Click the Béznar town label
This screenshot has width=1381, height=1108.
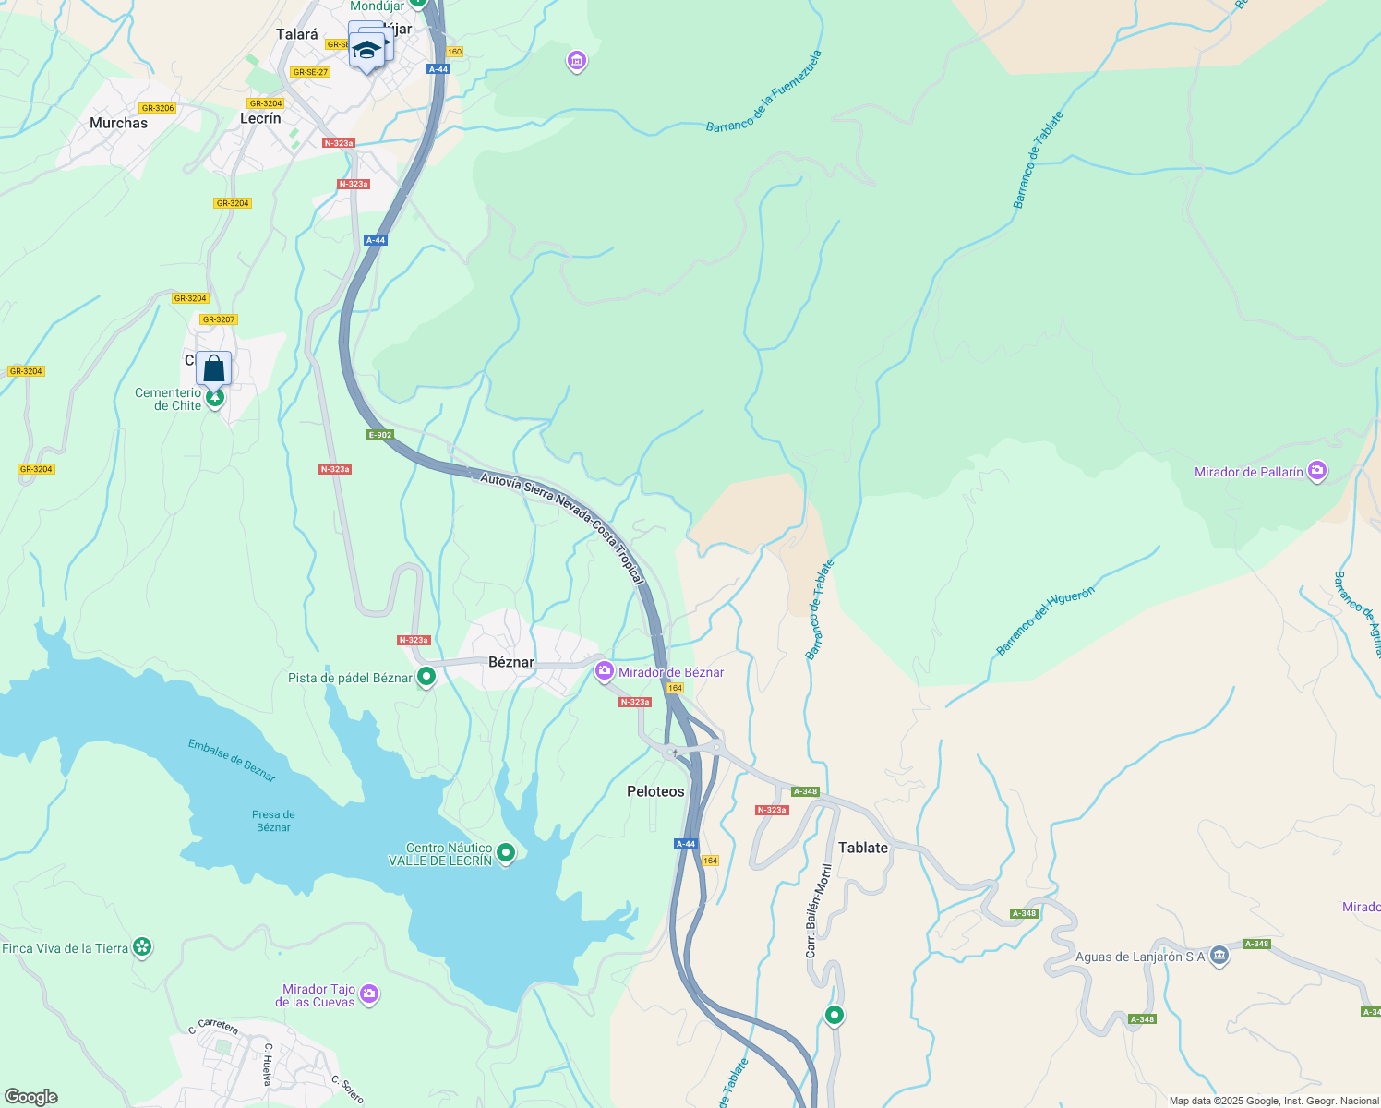tap(511, 662)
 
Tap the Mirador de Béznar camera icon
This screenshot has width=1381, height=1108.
tap(605, 671)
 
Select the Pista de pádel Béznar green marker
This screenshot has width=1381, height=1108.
tap(426, 678)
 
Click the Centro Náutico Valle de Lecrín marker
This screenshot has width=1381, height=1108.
tap(505, 854)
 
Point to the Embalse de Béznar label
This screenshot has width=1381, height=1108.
tap(232, 760)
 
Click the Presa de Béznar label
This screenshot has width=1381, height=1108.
tap(273, 821)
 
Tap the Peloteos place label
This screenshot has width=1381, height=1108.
tap(655, 791)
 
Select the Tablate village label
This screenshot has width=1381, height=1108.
tap(862, 848)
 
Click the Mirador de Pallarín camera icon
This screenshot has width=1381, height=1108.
tap(1317, 471)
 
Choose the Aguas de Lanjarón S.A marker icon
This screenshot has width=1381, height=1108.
tap(1219, 955)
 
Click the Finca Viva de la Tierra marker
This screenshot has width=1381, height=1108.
tap(141, 947)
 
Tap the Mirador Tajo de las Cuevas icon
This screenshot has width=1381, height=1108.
tap(369, 994)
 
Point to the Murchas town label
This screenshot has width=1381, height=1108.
tap(118, 123)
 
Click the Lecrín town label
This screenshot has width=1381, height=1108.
tap(260, 118)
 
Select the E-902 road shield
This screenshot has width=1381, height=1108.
tap(379, 435)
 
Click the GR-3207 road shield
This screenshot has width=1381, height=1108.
tap(219, 319)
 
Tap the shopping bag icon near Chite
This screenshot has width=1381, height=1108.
tap(213, 368)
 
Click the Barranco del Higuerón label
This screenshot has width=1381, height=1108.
tap(1045, 621)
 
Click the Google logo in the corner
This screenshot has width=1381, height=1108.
tap(31, 1097)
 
